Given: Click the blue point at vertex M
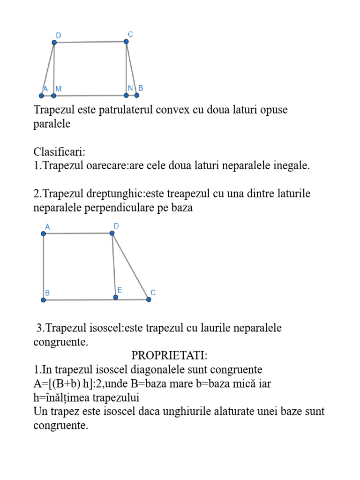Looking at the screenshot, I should coord(54,96).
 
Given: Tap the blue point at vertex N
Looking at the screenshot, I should coord(126,95).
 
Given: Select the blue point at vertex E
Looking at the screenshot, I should coord(116,297).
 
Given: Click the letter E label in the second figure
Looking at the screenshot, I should coord(120,290).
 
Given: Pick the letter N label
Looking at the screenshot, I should coord(131,88).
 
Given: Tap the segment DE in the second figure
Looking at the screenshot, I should coord(114,265).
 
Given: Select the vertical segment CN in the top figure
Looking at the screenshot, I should coord(126,68).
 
